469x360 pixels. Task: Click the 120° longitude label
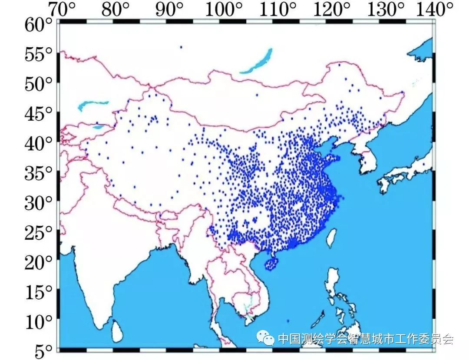(334, 9)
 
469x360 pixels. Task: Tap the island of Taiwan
(331, 238)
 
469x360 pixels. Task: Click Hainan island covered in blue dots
(271, 263)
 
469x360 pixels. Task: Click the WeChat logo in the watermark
(265, 338)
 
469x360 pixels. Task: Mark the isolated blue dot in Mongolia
(257, 95)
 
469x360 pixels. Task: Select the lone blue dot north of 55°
(181, 47)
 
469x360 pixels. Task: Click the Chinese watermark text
(365, 339)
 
